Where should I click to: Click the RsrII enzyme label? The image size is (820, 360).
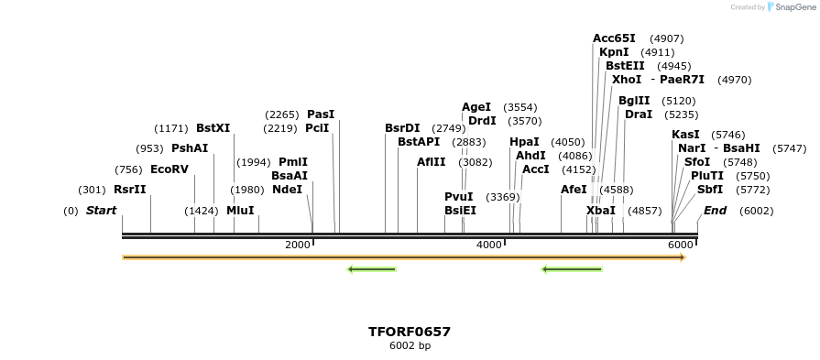[129, 190]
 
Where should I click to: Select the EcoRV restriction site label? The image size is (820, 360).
[169, 169]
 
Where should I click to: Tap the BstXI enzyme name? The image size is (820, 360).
[213, 128]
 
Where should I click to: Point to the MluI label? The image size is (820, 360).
[240, 210]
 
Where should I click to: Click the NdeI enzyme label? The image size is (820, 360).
[287, 190]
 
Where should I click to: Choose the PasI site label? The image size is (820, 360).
[321, 115]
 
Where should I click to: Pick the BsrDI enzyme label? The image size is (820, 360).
[402, 128]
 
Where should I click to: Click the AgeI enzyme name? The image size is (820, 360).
[476, 107]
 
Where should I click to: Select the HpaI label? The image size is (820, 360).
[524, 142]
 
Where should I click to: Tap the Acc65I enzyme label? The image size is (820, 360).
[614, 38]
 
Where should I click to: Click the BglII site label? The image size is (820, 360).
[634, 101]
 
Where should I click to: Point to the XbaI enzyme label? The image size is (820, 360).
[601, 211]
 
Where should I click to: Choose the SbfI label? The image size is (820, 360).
[710, 190]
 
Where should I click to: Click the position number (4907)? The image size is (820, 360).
[666, 38]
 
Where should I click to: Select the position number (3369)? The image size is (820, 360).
[502, 197]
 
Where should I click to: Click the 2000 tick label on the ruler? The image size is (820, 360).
[298, 245]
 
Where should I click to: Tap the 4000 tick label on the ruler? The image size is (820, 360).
[489, 245]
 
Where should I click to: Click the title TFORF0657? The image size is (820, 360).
[410, 332]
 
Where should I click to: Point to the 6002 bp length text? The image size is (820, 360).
[410, 345]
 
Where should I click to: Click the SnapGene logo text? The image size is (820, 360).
[793, 7]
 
